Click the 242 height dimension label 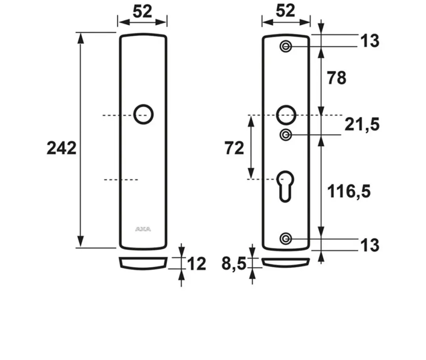pyautogui.click(x=62, y=149)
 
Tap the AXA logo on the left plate pyautogui.click(x=143, y=229)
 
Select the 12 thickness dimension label pyautogui.click(x=197, y=264)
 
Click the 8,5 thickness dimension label pyautogui.click(x=234, y=264)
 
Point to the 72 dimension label pyautogui.click(x=234, y=149)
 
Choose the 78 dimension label pyautogui.click(x=336, y=78)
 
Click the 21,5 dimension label pyautogui.click(x=362, y=125)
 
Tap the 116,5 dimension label pyautogui.click(x=349, y=191)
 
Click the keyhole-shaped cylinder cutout pyautogui.click(x=285, y=187)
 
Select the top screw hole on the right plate pyautogui.click(x=286, y=47)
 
